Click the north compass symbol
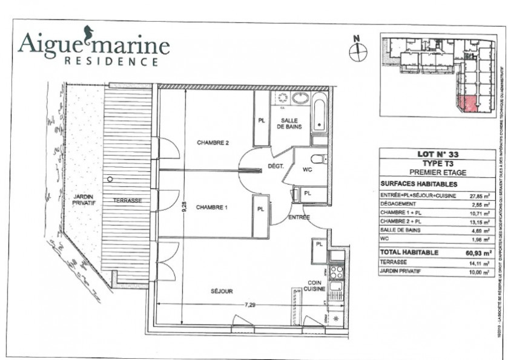[x=358, y=50]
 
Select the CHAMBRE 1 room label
[x=212, y=208]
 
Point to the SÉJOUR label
[x=222, y=291]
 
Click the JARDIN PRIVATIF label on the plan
[x=84, y=200]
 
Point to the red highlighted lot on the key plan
[x=467, y=104]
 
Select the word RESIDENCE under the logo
[x=111, y=61]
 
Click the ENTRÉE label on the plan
[x=299, y=217]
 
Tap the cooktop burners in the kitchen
[x=336, y=272]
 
